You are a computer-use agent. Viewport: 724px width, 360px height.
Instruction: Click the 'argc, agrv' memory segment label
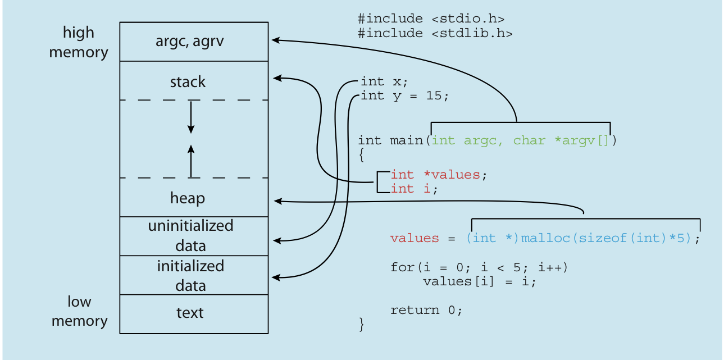[189, 42]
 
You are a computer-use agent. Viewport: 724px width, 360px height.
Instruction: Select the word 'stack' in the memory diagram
[188, 82]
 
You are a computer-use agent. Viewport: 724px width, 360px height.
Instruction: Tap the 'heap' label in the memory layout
[188, 198]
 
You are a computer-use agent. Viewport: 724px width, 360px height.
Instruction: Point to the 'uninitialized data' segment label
[191, 235]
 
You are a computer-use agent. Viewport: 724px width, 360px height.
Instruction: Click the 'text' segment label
[190, 313]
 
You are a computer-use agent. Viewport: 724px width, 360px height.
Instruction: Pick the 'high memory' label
[79, 42]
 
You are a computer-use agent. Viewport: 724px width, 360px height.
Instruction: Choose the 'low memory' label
[80, 311]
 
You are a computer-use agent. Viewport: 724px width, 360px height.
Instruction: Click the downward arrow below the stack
[191, 117]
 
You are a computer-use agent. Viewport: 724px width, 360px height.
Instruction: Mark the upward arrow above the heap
[191, 161]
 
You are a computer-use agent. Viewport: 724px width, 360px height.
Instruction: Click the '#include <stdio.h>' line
[431, 19]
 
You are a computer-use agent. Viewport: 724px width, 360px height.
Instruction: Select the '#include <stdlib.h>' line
[435, 33]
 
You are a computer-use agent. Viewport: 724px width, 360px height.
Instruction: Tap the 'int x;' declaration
[384, 81]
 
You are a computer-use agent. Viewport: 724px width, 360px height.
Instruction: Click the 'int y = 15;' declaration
[404, 96]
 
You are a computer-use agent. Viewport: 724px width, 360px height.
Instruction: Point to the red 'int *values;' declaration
[439, 175]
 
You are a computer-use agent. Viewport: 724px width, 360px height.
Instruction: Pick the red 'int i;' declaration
[414, 189]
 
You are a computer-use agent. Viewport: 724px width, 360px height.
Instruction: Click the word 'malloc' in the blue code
[545, 239]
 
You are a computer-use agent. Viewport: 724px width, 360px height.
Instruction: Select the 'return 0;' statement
[426, 311]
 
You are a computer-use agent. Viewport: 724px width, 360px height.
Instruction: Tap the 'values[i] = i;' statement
[480, 282]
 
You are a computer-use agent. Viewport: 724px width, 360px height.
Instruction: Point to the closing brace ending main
[362, 325]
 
